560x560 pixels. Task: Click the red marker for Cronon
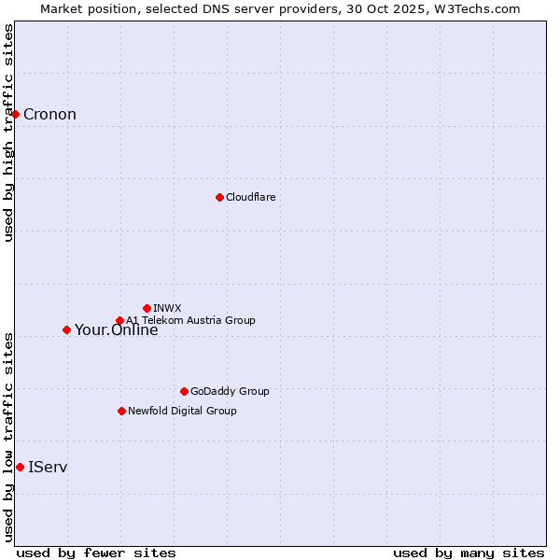[x=16, y=114]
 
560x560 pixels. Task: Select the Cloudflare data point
[x=219, y=197]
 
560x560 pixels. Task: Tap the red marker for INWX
[x=147, y=308]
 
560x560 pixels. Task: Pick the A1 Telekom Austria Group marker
[x=119, y=320]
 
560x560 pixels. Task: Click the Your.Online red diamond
[x=66, y=329]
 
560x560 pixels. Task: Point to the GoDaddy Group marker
[x=184, y=391]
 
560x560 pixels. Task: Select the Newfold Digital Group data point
[x=121, y=411]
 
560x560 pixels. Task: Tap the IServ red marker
[x=20, y=467]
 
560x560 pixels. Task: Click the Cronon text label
[x=49, y=115]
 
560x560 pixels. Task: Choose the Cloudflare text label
[x=250, y=197]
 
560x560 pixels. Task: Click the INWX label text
[x=167, y=308]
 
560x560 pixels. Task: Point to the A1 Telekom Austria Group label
[x=190, y=320]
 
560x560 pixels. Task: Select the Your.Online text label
[x=116, y=330]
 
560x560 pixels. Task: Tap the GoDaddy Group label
[x=230, y=391]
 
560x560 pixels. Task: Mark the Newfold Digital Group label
[x=182, y=411]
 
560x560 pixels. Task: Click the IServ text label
[x=48, y=467]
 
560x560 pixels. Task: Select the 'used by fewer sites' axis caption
[x=96, y=553]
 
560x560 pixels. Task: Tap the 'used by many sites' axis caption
[x=469, y=553]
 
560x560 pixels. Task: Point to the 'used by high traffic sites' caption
[x=8, y=133]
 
